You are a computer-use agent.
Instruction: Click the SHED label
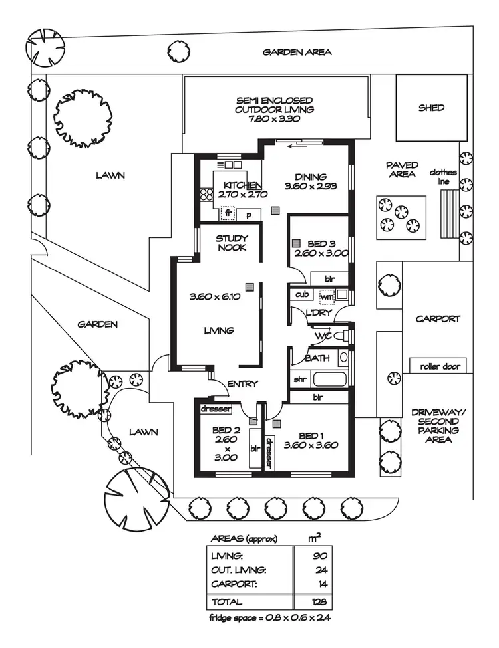click(x=431, y=108)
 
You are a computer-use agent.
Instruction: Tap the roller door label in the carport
click(x=440, y=367)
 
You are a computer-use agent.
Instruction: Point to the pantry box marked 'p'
click(x=249, y=215)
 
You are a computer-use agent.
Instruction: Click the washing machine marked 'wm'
click(x=327, y=296)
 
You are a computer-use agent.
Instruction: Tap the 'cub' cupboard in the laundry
click(x=302, y=294)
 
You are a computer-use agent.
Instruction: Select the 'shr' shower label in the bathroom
click(x=299, y=379)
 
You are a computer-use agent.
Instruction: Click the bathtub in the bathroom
click(x=329, y=379)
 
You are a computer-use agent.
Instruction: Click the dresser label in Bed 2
click(x=216, y=409)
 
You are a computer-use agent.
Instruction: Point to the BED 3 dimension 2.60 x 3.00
click(x=321, y=253)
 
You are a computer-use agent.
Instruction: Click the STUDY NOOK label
click(x=232, y=243)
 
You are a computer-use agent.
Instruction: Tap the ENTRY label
click(x=242, y=384)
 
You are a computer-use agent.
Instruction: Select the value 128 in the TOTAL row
click(x=319, y=601)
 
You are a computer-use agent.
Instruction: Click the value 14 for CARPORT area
click(x=323, y=584)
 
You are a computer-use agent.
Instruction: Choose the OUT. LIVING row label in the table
click(x=239, y=570)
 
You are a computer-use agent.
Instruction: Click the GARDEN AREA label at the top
click(x=297, y=52)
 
